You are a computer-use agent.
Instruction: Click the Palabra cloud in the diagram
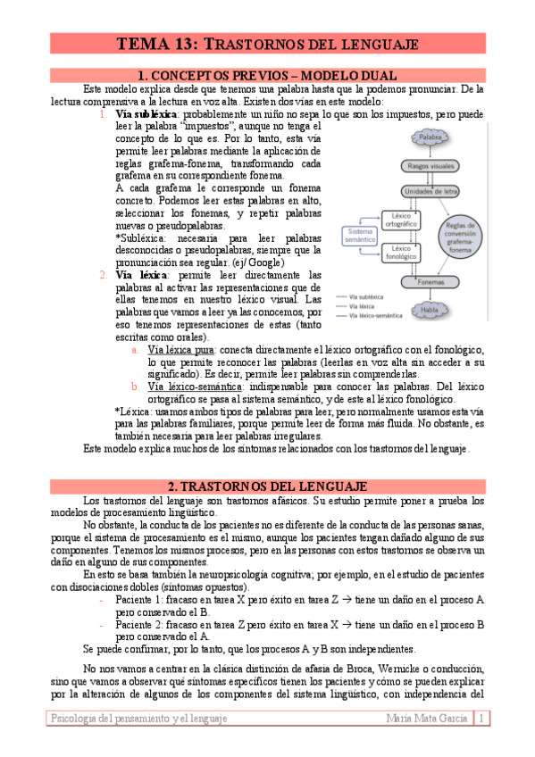click(x=431, y=137)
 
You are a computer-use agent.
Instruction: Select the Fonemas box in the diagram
click(x=431, y=282)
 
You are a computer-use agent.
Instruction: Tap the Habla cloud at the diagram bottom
click(x=431, y=310)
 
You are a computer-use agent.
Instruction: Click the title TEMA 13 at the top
click(x=267, y=43)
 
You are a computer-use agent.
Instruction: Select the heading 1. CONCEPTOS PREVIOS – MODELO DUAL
click(x=267, y=75)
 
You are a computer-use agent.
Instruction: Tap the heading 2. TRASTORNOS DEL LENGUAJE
click(x=267, y=486)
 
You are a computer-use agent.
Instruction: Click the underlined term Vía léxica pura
click(x=183, y=351)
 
